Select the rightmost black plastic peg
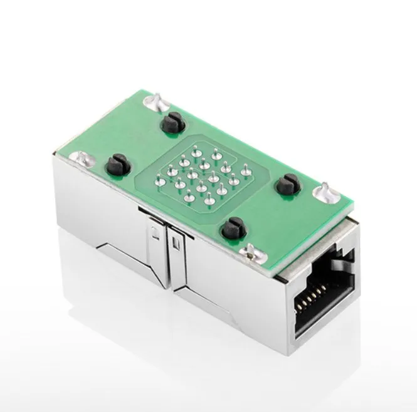click(287, 184)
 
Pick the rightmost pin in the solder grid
click(246, 168)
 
